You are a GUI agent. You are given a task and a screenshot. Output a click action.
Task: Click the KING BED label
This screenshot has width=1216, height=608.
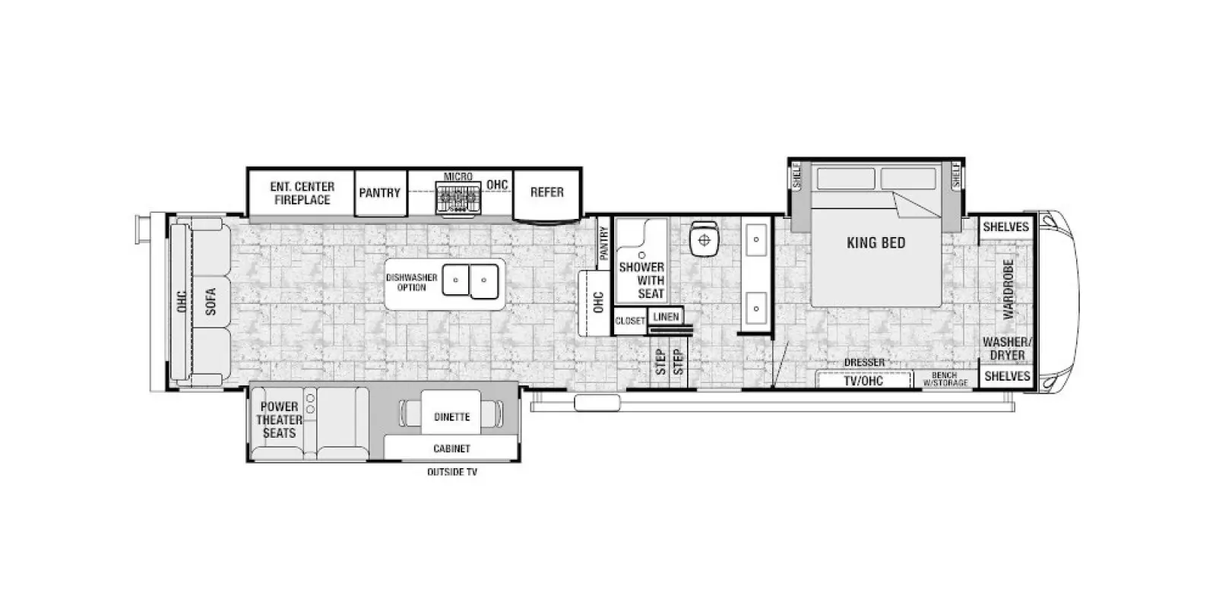876,242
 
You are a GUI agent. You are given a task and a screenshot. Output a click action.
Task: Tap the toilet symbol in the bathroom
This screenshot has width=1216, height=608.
704,239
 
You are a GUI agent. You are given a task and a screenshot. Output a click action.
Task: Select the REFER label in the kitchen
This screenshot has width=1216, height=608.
546,192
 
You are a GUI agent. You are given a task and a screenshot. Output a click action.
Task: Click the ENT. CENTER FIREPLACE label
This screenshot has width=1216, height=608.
302,193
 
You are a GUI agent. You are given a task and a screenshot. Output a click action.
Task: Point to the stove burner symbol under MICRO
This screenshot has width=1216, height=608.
458,198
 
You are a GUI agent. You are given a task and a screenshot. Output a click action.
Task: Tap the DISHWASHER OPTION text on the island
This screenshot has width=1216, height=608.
411,282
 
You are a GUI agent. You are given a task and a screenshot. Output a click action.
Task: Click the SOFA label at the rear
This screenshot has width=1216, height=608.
211,301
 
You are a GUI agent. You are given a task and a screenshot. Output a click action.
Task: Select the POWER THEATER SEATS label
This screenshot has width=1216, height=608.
279,420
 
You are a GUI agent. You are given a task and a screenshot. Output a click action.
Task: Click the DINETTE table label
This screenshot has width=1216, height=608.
451,417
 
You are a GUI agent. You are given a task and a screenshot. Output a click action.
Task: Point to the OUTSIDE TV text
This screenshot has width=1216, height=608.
452,472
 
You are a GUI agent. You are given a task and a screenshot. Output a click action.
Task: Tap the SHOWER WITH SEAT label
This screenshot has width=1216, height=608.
641,280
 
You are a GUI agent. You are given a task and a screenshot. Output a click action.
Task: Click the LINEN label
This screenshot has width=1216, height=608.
666,316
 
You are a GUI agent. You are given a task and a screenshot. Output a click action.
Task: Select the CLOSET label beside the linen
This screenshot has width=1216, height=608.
630,321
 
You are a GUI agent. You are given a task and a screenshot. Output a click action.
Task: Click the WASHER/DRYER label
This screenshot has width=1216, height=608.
1007,349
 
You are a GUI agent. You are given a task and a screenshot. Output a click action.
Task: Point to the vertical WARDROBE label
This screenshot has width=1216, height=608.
1009,290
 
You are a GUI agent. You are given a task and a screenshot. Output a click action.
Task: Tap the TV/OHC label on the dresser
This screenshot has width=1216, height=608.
863,381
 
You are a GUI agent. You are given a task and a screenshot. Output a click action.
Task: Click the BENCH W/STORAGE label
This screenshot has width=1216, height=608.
945,379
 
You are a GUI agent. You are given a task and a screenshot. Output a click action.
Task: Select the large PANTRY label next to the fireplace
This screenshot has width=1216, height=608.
379,193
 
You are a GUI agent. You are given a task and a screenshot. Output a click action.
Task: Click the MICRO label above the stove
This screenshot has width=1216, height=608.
458,176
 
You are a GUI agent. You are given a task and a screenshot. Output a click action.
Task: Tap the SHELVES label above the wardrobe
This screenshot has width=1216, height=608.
1006,227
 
